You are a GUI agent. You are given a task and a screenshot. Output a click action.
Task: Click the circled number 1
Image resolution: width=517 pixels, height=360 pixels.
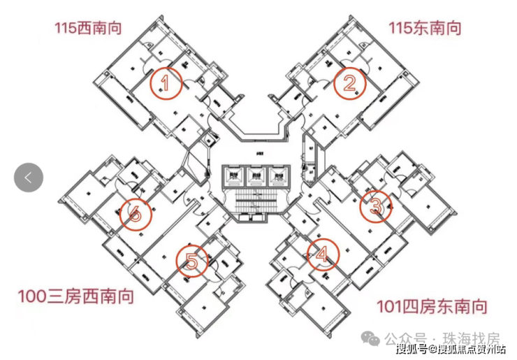click(x=166, y=84)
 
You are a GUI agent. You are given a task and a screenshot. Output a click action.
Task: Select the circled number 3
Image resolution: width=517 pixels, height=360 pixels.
click(x=375, y=206)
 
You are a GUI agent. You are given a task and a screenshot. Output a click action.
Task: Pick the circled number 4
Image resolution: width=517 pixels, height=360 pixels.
click(x=322, y=255)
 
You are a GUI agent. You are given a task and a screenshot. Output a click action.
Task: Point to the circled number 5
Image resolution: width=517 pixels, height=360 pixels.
click(x=192, y=261)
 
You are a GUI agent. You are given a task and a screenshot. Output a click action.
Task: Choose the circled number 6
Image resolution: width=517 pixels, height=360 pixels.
click(x=136, y=214)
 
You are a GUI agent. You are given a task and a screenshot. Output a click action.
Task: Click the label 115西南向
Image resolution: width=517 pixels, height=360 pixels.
click(x=89, y=29)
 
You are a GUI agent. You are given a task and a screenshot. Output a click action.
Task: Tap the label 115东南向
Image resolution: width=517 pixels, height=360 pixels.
click(x=425, y=29)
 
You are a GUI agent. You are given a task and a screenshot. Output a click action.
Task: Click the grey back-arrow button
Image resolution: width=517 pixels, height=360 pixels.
click(x=29, y=178)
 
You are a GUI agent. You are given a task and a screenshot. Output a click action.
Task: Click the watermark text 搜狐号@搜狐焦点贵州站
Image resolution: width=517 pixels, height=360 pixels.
click(x=451, y=349)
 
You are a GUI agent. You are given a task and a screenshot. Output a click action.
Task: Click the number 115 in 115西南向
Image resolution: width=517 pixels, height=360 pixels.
click(x=67, y=29)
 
